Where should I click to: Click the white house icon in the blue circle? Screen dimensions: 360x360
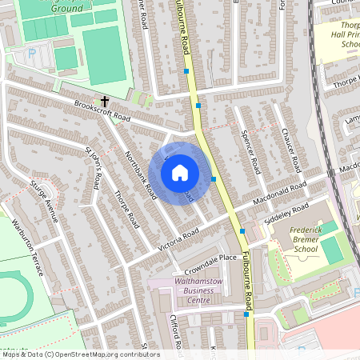(x=180, y=170)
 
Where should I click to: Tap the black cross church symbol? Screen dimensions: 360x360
(x=105, y=102)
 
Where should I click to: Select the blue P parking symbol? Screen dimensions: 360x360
(x=32, y=54)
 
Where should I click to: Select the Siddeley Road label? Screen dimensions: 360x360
(x=289, y=212)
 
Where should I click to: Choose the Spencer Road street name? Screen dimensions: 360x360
(x=251, y=154)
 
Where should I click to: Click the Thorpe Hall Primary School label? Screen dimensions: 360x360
(x=339, y=36)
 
